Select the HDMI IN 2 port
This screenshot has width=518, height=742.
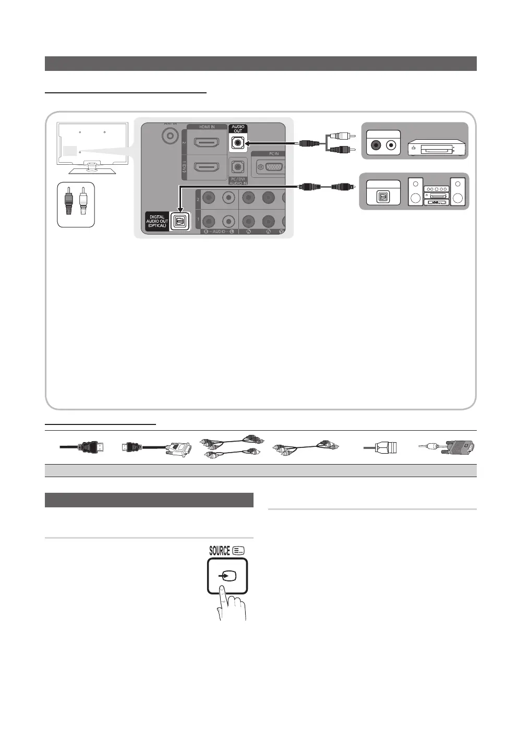[x=207, y=142]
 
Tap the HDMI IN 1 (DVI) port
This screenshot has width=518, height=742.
[x=207, y=167]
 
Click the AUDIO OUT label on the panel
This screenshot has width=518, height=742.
[x=238, y=129]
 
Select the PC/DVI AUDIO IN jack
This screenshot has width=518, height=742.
[x=238, y=167]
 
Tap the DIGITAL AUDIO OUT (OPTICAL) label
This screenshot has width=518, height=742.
[x=157, y=221]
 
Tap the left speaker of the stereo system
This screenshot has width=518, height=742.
[x=416, y=191]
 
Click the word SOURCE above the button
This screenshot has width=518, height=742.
[x=220, y=551]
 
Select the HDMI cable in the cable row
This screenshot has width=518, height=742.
[x=82, y=447]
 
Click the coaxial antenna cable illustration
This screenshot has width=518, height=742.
[x=380, y=447]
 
